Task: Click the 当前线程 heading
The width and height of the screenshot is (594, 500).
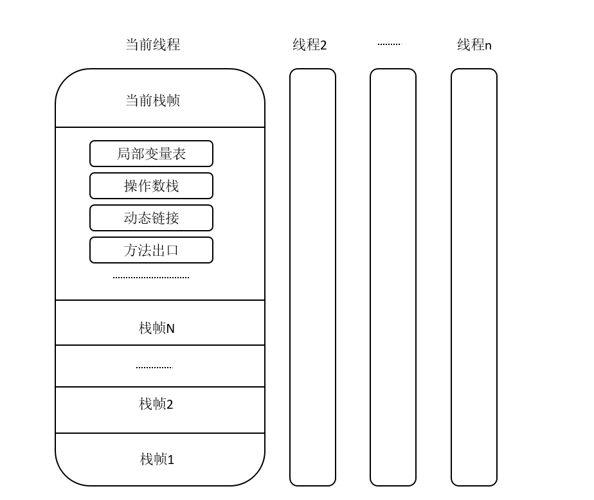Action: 152,44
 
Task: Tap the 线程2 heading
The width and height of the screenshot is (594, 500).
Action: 309,45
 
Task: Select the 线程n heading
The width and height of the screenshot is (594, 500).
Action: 474,45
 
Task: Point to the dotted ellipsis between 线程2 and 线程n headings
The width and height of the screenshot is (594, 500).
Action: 389,44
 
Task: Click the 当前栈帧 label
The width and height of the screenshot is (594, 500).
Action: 152,100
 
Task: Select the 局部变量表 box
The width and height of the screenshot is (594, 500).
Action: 151,154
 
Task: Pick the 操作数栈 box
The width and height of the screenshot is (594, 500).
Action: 151,186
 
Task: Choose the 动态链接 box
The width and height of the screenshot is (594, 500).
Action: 151,218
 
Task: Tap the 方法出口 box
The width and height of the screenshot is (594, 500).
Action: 151,250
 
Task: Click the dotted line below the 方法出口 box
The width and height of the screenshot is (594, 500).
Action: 151,277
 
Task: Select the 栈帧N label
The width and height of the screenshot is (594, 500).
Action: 156,328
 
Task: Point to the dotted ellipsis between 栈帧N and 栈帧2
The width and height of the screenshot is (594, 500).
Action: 154,368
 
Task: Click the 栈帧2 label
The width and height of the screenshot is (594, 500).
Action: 156,404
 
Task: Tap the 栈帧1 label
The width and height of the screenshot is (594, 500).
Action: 156,459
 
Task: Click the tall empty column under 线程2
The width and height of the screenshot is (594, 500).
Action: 312,277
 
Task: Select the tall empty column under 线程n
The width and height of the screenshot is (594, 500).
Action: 474,277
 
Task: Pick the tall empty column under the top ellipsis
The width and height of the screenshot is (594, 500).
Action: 393,277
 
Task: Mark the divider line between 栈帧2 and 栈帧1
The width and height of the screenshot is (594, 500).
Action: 160,433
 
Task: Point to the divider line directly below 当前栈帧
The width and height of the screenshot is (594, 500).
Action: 160,127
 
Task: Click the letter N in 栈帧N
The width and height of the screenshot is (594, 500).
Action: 170,329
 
